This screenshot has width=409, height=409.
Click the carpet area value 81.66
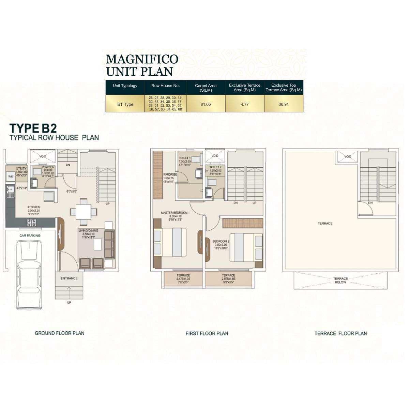coord(206,104)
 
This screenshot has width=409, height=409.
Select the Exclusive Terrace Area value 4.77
coord(244,104)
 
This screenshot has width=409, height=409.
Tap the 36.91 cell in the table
coord(283,104)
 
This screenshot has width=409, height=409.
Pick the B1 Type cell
coord(125,104)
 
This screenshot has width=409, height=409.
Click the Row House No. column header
coord(165,86)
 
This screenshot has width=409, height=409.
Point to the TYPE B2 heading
coord(33,128)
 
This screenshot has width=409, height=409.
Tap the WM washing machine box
coord(11,177)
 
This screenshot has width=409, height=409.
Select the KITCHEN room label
coord(34,207)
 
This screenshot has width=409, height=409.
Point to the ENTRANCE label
coord(69,278)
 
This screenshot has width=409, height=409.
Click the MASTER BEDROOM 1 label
coord(175,213)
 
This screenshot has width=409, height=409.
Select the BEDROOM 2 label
coord(221,241)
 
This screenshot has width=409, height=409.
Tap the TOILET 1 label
coord(185,158)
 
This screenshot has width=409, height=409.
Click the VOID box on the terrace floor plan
coord(347,157)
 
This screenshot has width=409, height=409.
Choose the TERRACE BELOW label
coord(340,280)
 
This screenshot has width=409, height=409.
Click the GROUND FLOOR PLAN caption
coord(59,333)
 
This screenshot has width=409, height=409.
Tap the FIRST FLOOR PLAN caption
coord(207,333)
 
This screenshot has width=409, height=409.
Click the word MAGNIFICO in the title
coord(142,59)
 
